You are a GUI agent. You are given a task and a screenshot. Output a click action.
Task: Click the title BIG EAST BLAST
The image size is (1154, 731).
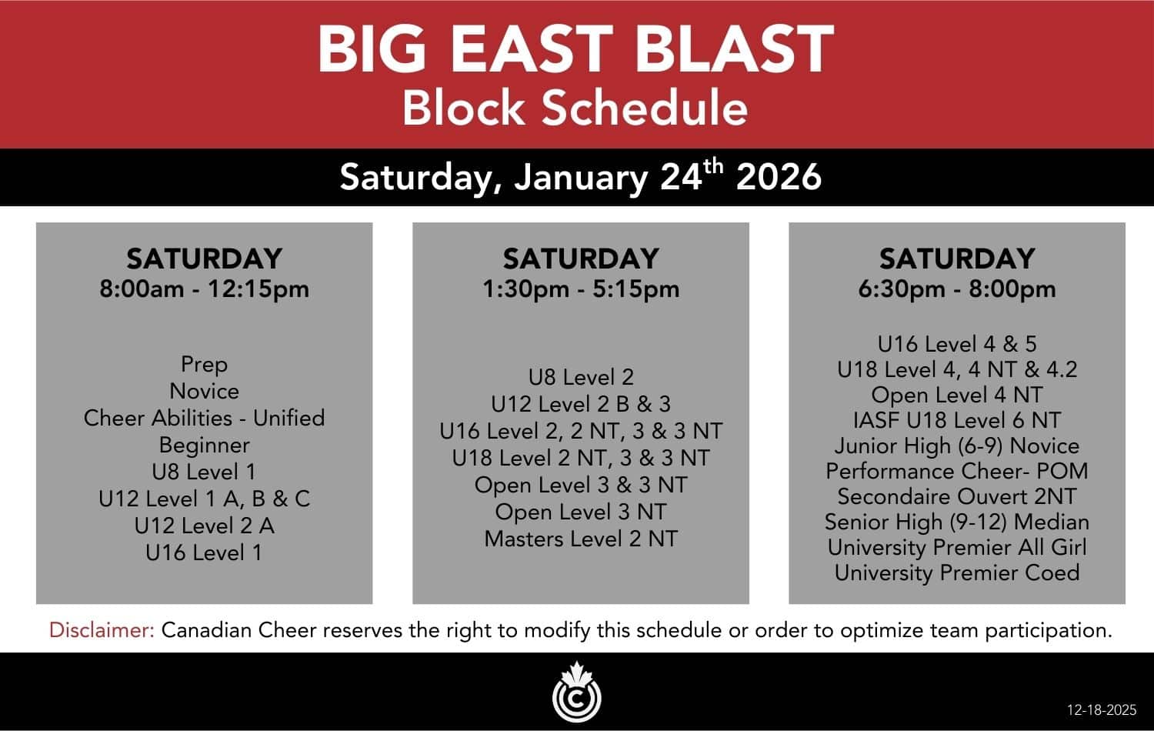click(x=575, y=49)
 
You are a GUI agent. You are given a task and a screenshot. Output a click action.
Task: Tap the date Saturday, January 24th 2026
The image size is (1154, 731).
click(x=581, y=177)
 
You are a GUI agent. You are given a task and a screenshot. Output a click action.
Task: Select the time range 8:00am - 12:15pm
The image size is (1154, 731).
click(x=205, y=289)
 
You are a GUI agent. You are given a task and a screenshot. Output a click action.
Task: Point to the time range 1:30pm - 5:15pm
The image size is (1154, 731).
click(x=581, y=289)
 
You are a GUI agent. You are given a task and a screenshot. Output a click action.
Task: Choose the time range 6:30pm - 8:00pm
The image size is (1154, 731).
click(x=957, y=289)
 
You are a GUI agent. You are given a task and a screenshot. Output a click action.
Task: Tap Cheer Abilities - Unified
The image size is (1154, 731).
click(x=205, y=418)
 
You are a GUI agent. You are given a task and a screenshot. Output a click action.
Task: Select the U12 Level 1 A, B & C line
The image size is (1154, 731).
click(x=205, y=499)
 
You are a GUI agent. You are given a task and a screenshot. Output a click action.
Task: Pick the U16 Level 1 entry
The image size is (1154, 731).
click(x=205, y=552)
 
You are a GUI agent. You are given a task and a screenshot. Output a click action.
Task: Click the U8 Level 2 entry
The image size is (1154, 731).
click(x=581, y=377)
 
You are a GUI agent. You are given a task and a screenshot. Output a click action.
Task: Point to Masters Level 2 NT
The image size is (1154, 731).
click(x=581, y=539)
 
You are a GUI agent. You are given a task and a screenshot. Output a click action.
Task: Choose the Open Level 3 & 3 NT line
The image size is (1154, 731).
click(x=581, y=485)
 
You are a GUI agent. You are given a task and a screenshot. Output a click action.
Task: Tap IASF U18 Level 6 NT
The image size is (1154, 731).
click(x=957, y=420)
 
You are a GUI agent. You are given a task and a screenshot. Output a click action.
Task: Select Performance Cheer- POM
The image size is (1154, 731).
click(x=957, y=471)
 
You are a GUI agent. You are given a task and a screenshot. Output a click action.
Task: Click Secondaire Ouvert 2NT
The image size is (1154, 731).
click(x=957, y=496)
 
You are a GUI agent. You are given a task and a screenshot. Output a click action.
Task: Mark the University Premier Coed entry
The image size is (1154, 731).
click(x=957, y=572)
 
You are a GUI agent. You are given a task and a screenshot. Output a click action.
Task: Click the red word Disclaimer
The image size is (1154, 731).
click(x=102, y=630)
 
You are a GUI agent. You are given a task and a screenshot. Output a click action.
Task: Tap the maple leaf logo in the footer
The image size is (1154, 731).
click(x=576, y=691)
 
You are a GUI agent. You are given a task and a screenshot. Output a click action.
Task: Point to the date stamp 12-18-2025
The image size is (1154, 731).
click(x=1102, y=710)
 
